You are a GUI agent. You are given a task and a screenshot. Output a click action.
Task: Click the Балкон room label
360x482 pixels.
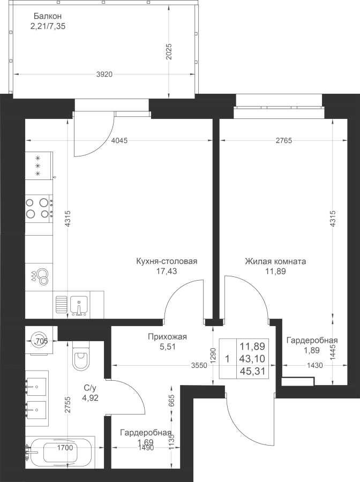tap(48, 16)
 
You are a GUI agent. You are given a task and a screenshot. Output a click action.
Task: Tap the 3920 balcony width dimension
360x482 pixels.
tap(104, 74)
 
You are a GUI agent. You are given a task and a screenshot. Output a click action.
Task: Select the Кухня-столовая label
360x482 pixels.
tap(167, 261)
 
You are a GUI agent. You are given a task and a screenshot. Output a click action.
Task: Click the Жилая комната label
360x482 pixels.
tap(275, 261)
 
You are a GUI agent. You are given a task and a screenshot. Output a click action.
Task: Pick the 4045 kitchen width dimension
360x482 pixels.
tap(119, 141)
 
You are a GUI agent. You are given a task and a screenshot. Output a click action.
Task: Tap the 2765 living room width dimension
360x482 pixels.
tap(284, 141)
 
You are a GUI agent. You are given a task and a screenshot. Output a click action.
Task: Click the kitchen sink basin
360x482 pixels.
tap(79, 305)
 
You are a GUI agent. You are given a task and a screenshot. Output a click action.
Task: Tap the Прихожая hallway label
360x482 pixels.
tap(167, 337)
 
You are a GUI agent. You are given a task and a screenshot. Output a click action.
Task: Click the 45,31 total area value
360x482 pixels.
tap(252, 371)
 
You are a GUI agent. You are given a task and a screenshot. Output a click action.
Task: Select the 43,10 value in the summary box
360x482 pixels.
tap(252, 359)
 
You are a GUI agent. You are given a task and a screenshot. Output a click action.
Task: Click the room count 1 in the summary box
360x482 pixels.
tap(227, 359)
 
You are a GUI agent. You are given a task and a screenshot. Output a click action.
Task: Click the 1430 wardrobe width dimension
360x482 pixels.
tap(315, 365)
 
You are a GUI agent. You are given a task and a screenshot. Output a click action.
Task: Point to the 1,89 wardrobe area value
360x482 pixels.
tap(312, 350)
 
